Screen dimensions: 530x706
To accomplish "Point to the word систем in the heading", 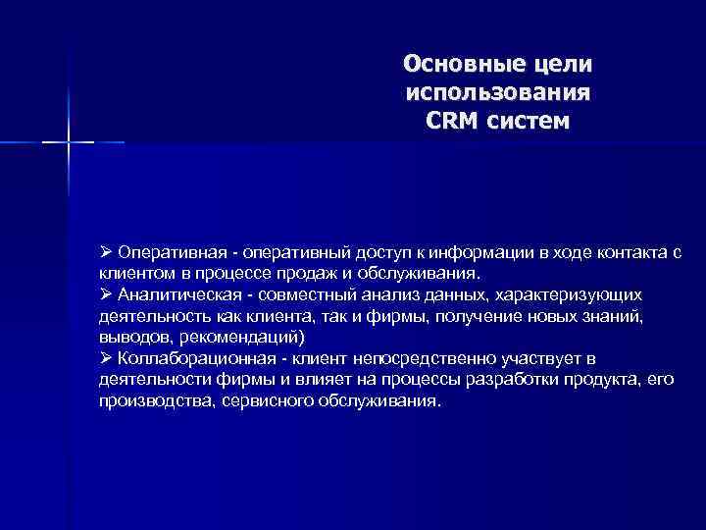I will pos(530,124).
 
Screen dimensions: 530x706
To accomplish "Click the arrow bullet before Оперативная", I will pos(106,253).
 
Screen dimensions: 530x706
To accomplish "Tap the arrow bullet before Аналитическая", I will pos(106,293).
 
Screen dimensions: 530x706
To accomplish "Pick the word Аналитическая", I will pos(170,293).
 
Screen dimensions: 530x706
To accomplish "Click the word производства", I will pos(145,402).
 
